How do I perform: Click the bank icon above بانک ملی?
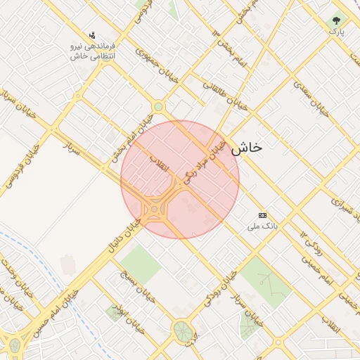point(263,215)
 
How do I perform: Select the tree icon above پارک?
point(336,20)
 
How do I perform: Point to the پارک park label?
point(337,32)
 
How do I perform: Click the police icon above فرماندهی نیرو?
point(91,34)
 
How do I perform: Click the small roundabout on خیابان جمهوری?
point(159,106)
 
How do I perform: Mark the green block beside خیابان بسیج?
point(140,264)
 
